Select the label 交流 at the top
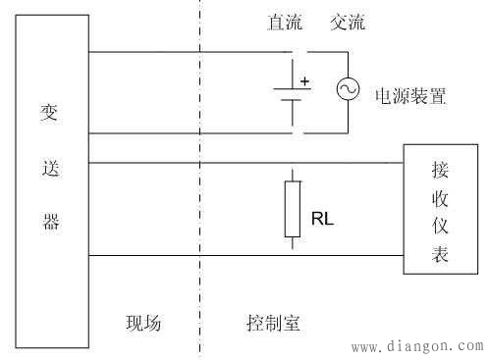click(348, 23)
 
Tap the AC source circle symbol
click(348, 90)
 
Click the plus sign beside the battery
click(304, 80)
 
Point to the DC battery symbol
click(292, 94)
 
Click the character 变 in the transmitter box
click(53, 114)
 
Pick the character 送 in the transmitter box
click(53, 168)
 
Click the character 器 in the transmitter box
click(53, 222)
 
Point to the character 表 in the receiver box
click(439, 255)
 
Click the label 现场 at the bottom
click(142, 324)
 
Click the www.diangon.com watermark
click(417, 346)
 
